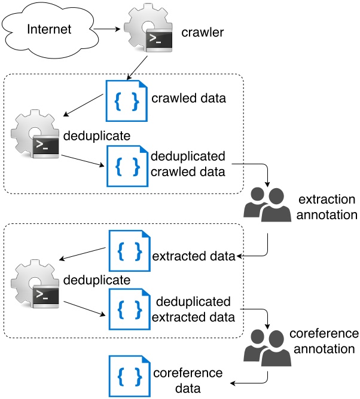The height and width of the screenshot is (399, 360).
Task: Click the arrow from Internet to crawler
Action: tap(108, 27)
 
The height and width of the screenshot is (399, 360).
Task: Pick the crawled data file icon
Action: tap(126, 99)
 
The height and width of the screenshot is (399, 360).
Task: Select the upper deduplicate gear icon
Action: tap(36, 135)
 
